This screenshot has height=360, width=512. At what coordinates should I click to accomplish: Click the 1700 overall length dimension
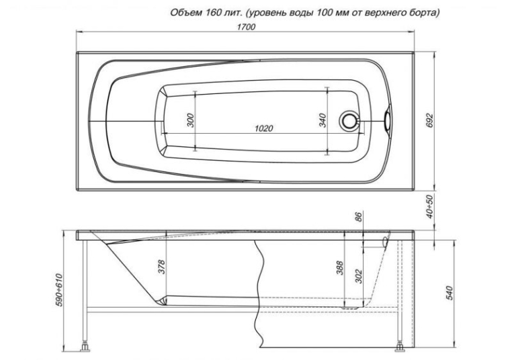(246, 27)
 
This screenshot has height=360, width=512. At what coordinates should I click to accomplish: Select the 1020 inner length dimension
(264, 128)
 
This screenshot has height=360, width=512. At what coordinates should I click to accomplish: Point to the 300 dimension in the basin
(191, 120)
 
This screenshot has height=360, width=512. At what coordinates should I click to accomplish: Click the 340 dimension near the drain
(323, 120)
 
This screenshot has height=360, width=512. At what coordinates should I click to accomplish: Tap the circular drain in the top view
(349, 120)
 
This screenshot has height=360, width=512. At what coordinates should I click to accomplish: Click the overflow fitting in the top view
(388, 120)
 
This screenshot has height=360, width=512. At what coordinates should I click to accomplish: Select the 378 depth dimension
(162, 267)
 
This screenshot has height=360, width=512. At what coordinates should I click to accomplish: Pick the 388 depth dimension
(339, 268)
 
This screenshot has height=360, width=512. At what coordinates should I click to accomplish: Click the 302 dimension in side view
(359, 276)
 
